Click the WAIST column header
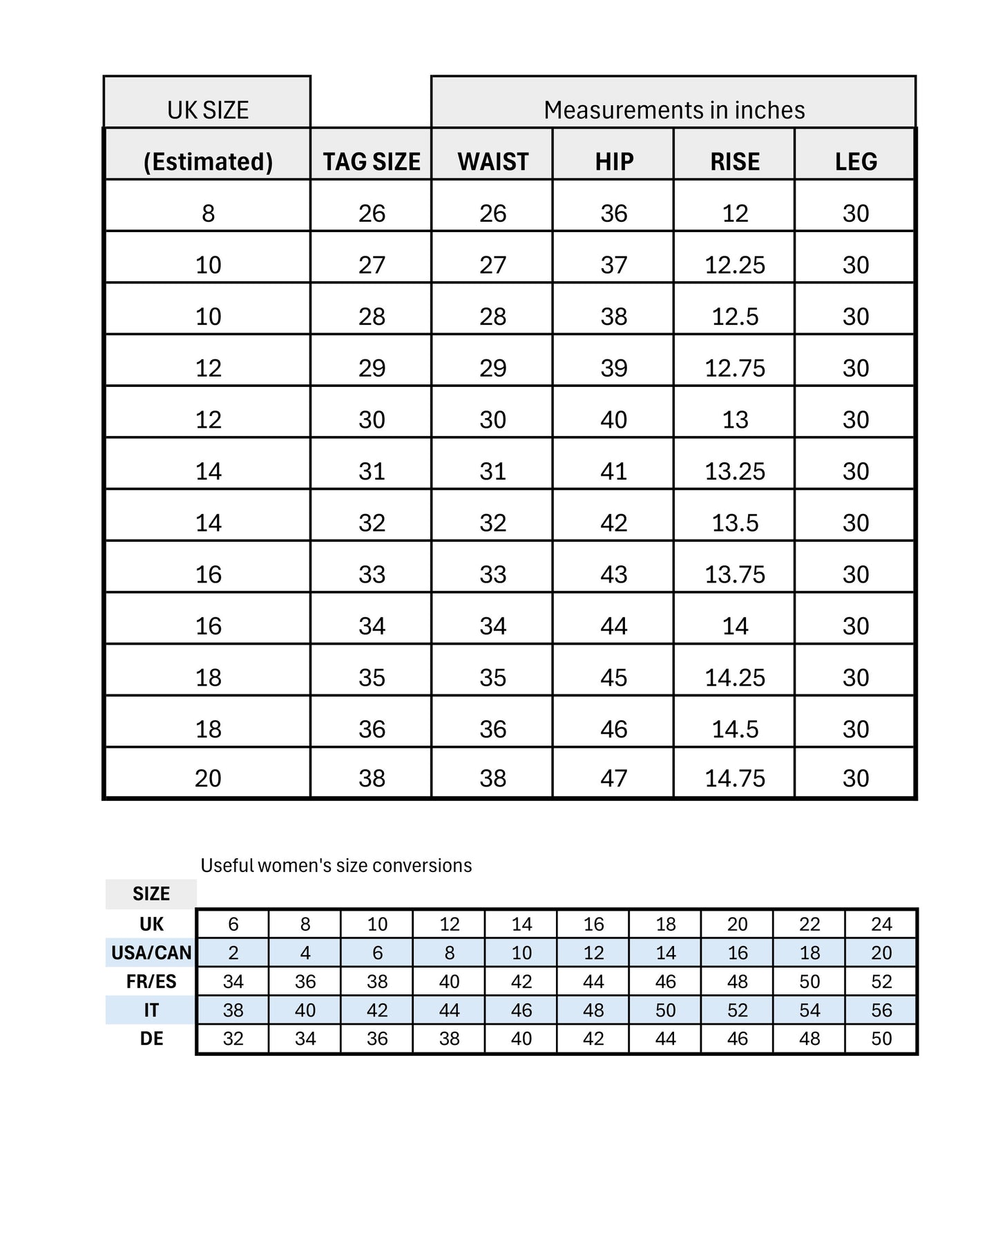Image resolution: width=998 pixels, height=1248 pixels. (x=492, y=162)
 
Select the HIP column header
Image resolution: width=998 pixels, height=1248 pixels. (x=614, y=162)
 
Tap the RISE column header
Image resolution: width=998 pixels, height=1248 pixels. (x=735, y=162)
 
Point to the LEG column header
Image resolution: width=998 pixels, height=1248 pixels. (x=856, y=162)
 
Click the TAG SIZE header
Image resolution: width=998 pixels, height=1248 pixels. (x=372, y=162)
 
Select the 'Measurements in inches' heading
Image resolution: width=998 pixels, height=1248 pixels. (x=674, y=110)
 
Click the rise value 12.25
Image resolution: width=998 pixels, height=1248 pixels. (x=735, y=265)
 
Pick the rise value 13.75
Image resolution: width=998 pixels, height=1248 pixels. (x=735, y=575)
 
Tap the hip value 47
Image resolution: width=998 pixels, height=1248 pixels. (x=614, y=779)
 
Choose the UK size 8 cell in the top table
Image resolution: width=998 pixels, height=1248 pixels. (x=208, y=214)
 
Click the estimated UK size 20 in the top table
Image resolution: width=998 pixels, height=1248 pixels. (x=208, y=779)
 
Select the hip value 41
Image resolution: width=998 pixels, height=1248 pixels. (x=614, y=472)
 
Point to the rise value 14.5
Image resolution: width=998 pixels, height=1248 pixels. (x=735, y=730)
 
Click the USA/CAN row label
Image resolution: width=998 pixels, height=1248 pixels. (x=151, y=953)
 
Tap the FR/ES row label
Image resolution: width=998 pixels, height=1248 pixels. (x=151, y=982)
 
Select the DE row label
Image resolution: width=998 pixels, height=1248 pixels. (x=151, y=1039)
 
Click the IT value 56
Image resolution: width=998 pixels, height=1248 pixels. (x=881, y=1010)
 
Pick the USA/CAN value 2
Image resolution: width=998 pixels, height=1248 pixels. (x=233, y=953)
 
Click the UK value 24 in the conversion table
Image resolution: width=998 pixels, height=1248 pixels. (x=881, y=925)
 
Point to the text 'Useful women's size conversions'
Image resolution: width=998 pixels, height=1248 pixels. (x=336, y=866)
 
